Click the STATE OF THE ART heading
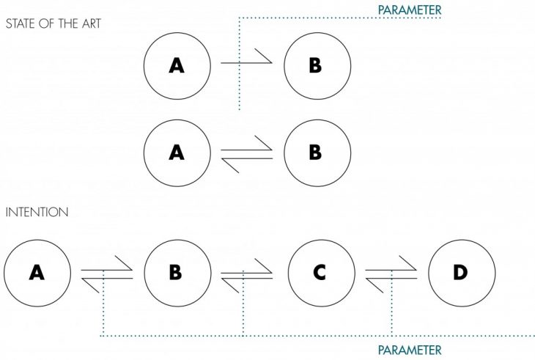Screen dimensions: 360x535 [53, 23]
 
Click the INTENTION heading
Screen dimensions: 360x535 [37, 212]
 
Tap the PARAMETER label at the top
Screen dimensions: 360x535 [409, 10]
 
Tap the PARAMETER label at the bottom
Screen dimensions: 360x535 [409, 350]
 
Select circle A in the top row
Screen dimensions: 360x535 [177, 65]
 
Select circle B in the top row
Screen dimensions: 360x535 [315, 65]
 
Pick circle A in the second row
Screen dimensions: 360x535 [177, 153]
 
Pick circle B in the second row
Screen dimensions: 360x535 [315, 153]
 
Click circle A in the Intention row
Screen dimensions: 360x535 [37, 273]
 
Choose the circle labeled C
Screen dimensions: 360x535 [320, 273]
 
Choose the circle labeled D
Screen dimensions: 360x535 [460, 273]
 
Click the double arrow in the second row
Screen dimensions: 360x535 [246, 154]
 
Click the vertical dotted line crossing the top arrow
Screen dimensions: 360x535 [239, 88]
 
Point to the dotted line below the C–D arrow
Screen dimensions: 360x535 [392, 308]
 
